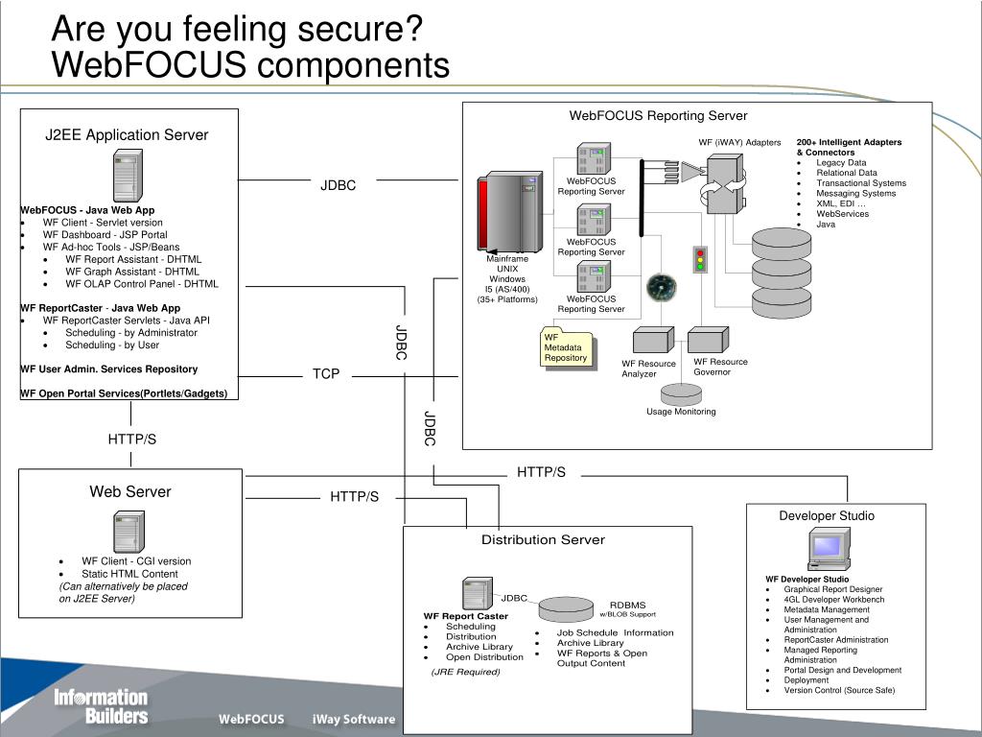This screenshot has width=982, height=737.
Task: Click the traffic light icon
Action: pos(700,259)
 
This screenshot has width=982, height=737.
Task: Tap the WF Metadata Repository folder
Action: pos(568,347)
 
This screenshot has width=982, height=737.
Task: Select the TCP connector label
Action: pos(326,373)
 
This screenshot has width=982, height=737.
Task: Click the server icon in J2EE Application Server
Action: pos(128,176)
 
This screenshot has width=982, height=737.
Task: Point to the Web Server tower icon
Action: pos(129,532)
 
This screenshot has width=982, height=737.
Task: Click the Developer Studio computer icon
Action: pos(829,549)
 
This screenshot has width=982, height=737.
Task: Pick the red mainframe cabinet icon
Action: pos(510,212)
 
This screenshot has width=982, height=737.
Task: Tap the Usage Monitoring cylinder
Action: pos(682,393)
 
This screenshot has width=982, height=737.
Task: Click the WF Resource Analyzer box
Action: pos(653,341)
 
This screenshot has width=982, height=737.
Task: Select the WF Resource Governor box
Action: pos(709,341)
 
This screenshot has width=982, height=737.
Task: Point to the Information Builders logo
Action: pos(101,706)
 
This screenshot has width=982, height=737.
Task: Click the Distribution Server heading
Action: pos(543,539)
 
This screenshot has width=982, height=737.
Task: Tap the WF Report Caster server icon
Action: pos(478,593)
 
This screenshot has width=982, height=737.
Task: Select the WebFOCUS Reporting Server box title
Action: pos(658,115)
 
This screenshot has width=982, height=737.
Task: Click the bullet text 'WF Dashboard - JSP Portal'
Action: pos(105,234)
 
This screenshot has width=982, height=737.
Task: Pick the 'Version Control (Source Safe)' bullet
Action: pos(839,690)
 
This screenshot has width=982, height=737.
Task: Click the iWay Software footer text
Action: pos(354,720)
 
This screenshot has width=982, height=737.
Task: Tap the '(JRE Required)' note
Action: pos(465,672)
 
